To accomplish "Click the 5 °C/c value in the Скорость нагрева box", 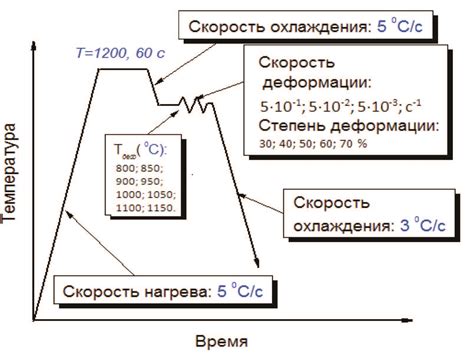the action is point(240,292).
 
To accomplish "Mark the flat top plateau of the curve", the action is point(139,68).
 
